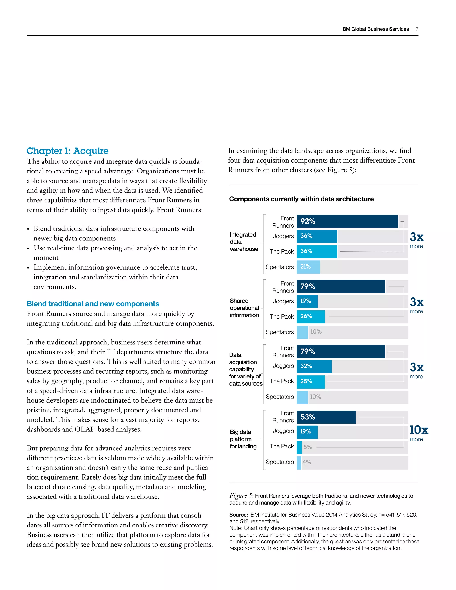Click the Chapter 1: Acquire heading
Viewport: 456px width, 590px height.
[x=67, y=151]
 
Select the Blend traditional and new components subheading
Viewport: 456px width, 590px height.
[x=93, y=304]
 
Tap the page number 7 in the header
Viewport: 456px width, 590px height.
[x=417, y=29]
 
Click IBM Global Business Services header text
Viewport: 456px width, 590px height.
[x=375, y=29]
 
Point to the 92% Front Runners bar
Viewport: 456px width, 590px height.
[x=347, y=221]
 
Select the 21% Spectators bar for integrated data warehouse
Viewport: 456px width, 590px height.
[x=308, y=267]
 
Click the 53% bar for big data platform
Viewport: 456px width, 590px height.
[x=326, y=417]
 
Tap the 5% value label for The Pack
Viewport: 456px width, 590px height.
[x=307, y=447]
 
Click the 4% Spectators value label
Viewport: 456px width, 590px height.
[x=307, y=462]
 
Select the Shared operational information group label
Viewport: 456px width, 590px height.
[x=244, y=308]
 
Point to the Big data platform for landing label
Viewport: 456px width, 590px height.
[x=243, y=439]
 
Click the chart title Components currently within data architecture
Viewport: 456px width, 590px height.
[x=301, y=199]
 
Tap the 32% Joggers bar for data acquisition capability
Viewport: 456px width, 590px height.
[x=314, y=366]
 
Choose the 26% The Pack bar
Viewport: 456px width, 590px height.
[x=311, y=317]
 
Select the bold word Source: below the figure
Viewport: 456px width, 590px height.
[x=238, y=515]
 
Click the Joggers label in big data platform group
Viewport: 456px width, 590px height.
[x=283, y=431]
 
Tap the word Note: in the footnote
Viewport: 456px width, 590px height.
[x=236, y=528]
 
